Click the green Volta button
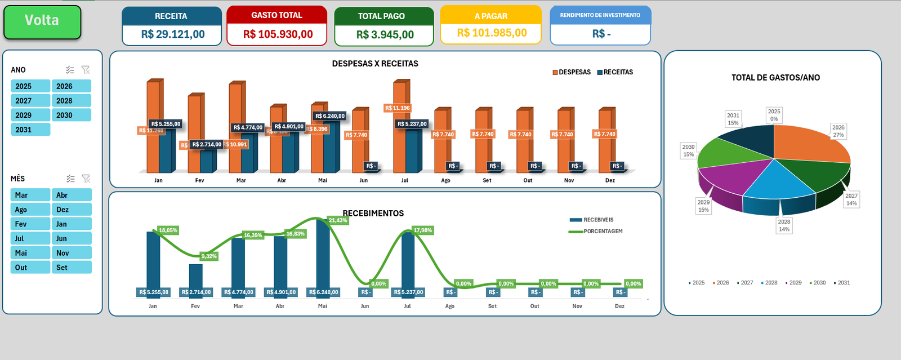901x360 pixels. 42,21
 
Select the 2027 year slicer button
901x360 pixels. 30,101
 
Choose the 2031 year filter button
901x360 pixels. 30,130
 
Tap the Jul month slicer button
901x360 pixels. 30,239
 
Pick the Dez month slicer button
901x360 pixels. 72,210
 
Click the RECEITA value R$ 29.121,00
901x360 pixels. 173,34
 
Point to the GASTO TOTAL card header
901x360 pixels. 276,15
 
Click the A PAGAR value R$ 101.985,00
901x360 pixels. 492,33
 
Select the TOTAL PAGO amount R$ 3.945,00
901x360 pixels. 385,35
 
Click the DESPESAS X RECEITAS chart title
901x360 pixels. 375,64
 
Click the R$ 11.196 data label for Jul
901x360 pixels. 398,108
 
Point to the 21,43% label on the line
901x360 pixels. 338,220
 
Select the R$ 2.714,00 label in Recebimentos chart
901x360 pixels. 196,292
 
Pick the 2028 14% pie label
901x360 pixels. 784,225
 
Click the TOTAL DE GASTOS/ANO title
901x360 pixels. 775,78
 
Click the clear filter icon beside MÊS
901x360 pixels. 86,179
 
